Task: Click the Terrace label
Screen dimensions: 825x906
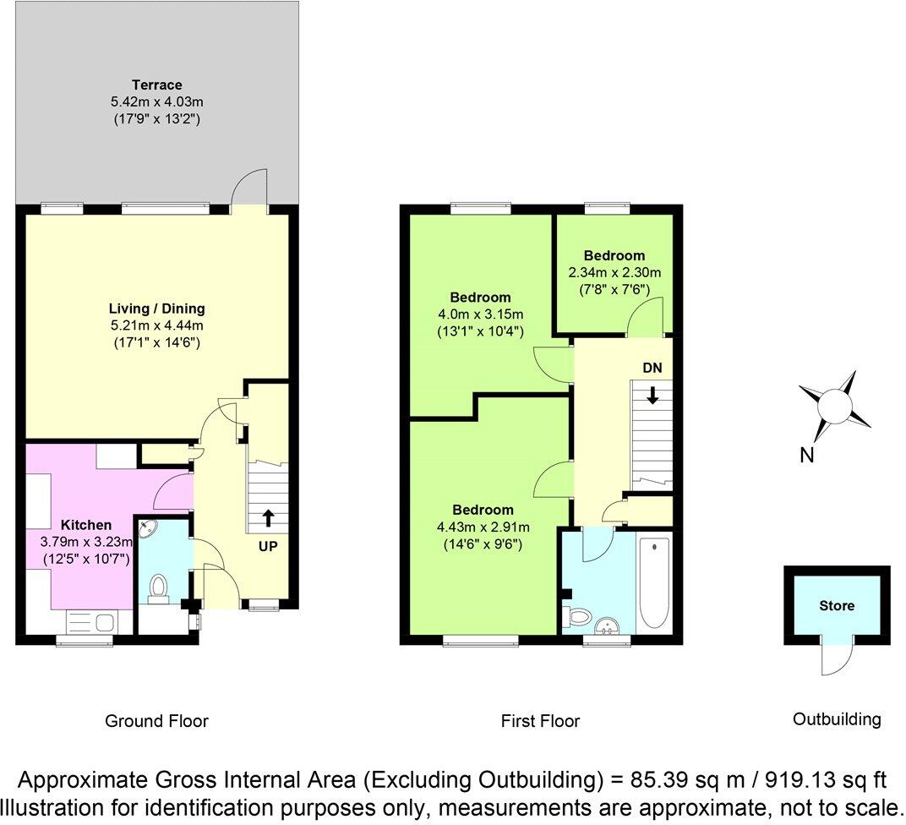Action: [156, 85]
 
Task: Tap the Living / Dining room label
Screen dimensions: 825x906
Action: [156, 309]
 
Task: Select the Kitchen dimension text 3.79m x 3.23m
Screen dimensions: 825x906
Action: [88, 541]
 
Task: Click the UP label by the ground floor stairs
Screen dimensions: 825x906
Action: [268, 547]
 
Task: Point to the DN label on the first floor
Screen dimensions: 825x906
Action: [652, 369]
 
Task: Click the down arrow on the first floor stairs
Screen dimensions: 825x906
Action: [652, 394]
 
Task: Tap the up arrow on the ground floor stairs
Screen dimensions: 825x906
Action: [268, 517]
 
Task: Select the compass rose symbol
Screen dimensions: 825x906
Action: [836, 403]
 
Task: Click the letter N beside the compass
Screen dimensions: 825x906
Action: [806, 456]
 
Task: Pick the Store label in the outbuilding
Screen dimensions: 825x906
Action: [836, 605]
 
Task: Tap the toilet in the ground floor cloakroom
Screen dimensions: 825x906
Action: [158, 588]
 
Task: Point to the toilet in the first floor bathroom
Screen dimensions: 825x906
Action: [578, 617]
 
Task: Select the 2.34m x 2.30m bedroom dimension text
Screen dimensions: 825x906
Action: [614, 272]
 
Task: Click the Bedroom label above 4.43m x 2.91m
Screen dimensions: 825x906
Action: [483, 510]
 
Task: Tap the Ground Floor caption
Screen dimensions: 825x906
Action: [156, 721]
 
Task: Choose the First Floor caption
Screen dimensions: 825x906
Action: [540, 721]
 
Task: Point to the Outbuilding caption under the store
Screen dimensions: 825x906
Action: [836, 719]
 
